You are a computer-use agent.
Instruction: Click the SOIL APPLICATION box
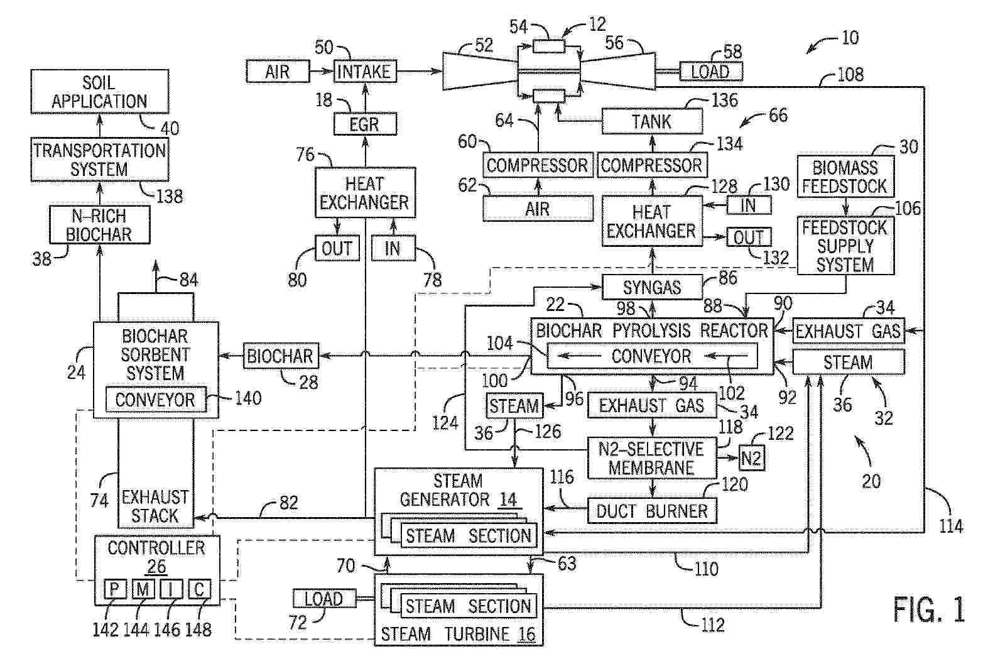tap(100, 92)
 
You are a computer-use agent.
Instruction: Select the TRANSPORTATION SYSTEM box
tap(100, 160)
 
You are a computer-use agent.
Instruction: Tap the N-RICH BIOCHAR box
tap(100, 225)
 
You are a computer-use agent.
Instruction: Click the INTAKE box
tap(364, 72)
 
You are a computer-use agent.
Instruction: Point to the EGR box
tap(364, 124)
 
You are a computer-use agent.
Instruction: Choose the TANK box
tap(651, 121)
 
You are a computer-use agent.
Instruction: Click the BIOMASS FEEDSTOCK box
tap(845, 177)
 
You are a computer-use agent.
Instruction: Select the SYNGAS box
tap(651, 287)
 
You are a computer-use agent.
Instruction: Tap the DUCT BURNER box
tap(651, 511)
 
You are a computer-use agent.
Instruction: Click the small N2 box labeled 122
tap(751, 457)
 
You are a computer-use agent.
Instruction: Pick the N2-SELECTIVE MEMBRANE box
tap(651, 458)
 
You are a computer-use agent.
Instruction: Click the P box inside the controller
tap(115, 589)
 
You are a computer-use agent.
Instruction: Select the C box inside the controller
tap(199, 589)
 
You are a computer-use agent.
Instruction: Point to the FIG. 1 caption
tap(928, 609)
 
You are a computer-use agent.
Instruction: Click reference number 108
tap(850, 75)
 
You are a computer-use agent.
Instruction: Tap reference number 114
tap(950, 525)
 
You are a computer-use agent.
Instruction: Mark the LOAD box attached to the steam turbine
tap(323, 599)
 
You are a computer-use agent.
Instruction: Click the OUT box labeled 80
tap(337, 249)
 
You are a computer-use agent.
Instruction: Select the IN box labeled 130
tap(748, 205)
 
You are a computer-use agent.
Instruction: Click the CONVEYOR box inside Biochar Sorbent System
tap(155, 400)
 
